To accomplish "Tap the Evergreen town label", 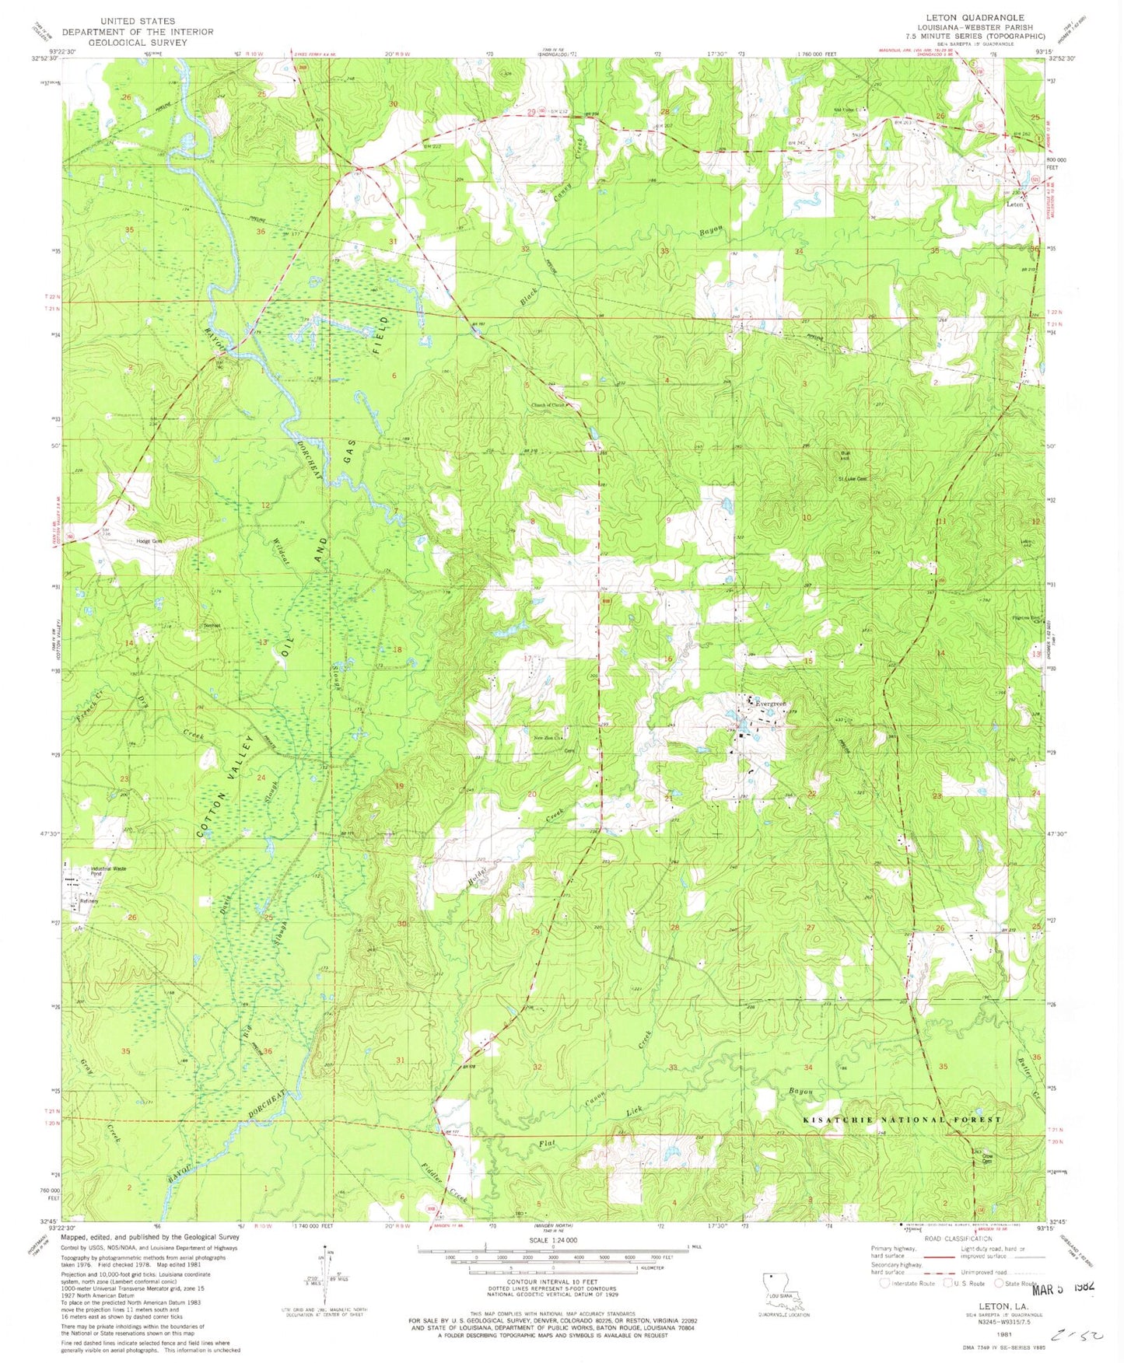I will coord(767,703).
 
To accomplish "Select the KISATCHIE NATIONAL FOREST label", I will coord(902,1119).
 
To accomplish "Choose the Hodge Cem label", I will coord(149,541).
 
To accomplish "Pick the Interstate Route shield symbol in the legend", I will coord(884,1283).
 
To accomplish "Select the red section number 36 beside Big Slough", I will coord(268,1051).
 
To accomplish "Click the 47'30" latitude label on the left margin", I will coord(45,833).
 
